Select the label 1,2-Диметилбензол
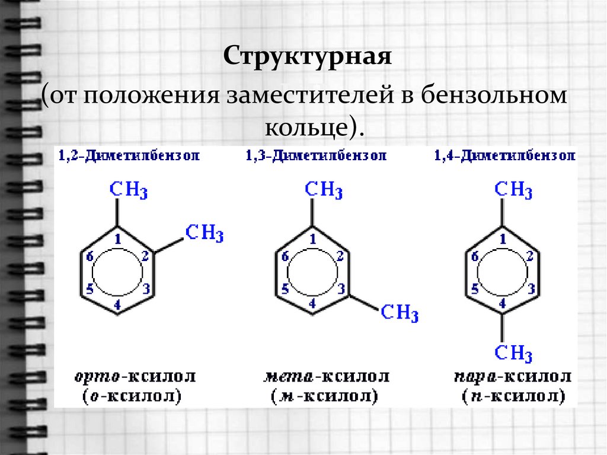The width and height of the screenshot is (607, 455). (129, 156)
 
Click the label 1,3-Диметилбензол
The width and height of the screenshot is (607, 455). (317, 156)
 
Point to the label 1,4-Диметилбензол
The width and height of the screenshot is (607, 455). (504, 156)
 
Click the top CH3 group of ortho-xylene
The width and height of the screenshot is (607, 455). (129, 190)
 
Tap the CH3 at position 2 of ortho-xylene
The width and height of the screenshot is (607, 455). (205, 233)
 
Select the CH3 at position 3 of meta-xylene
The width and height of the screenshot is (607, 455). (400, 313)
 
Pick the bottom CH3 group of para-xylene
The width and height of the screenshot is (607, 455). (513, 354)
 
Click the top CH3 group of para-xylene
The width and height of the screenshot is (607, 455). (513, 190)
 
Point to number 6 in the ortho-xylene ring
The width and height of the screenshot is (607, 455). (91, 256)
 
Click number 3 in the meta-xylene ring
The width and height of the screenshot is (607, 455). (341, 289)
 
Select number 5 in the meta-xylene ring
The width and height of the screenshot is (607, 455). (285, 289)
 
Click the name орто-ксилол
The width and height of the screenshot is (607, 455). (135, 376)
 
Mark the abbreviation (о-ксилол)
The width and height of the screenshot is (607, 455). (129, 395)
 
